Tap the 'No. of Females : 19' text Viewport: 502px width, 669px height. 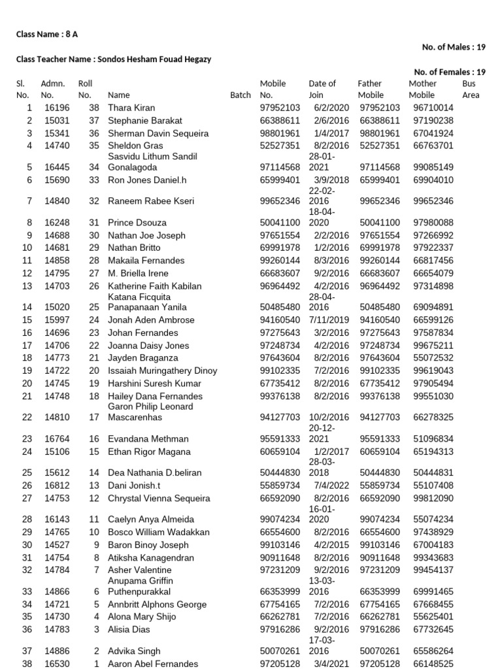pos(450,72)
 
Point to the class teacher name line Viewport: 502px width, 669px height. pos(113,59)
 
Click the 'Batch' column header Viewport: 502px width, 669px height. pos(241,95)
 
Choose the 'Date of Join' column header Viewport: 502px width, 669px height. pos(322,89)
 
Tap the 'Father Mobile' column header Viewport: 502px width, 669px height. pos(371,89)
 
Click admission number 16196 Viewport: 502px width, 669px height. pos(57,108)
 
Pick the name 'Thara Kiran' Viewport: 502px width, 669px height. pos(131,108)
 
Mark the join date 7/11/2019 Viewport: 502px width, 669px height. pos(329,320)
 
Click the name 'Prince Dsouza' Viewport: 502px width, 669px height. pos(137,223)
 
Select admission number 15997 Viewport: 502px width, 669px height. pos(57,320)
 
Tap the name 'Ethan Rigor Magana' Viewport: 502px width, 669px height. pos(148,452)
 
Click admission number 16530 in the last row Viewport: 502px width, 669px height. pos(57,664)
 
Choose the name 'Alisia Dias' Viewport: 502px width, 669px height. pos(129,630)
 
